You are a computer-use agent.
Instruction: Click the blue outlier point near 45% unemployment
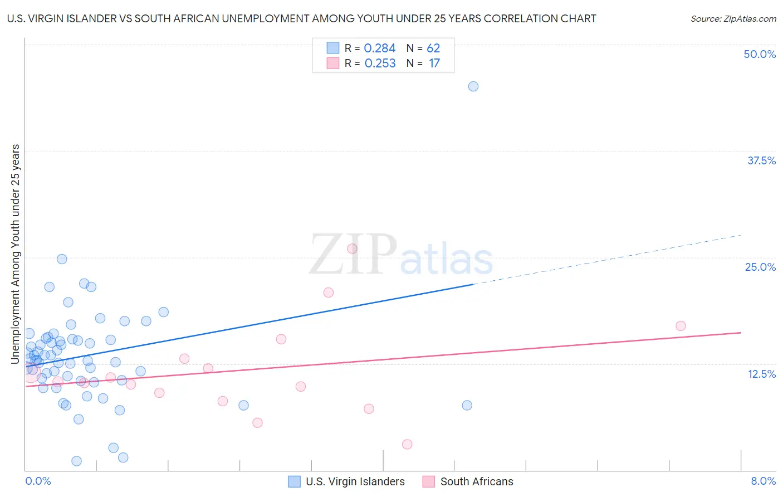473,86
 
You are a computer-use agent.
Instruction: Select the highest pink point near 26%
352,248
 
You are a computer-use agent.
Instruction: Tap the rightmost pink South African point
681,326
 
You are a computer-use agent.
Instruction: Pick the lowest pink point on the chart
407,444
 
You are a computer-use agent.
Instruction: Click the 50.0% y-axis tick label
760,54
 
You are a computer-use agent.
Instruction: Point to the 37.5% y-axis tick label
761,160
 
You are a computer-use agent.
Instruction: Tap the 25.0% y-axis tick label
760,267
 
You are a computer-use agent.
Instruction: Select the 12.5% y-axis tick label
761,374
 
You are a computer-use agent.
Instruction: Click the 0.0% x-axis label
38,481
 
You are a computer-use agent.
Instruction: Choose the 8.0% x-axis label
763,481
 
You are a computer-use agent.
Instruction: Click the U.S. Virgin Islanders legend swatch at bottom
294,481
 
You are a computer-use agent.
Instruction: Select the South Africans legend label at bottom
477,481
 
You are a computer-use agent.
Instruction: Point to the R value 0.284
379,48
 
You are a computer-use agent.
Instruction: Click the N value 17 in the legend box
434,64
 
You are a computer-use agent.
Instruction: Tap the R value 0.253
380,64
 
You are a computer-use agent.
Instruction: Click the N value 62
433,48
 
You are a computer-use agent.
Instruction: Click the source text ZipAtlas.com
733,19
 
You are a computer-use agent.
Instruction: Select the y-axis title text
16,254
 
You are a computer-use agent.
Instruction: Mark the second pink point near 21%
329,293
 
